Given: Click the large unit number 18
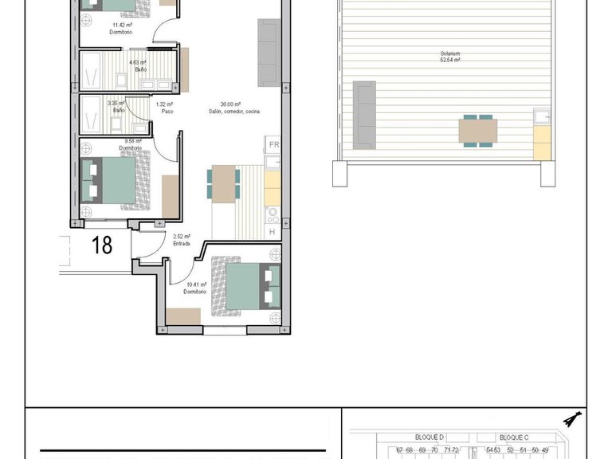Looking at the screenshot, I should tap(102, 245).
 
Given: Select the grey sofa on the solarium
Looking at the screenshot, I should tap(364, 115).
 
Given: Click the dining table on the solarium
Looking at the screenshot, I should tap(478, 130).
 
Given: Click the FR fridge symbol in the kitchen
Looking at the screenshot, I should tap(273, 144).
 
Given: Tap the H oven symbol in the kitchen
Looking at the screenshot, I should tap(273, 231).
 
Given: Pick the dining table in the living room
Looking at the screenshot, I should tap(223, 182).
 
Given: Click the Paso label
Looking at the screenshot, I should tap(167, 111).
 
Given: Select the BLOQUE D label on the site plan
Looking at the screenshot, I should tap(430, 437).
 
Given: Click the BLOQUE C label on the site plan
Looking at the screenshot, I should tap(514, 437).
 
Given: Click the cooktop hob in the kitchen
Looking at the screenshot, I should tap(273, 214).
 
